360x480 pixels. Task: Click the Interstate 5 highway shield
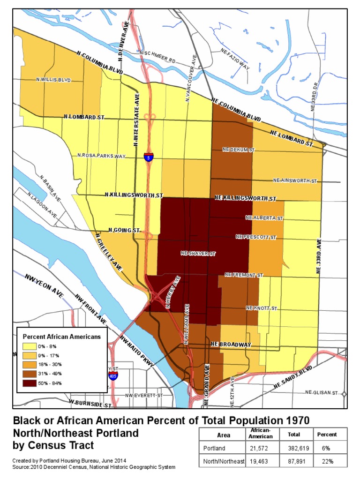(148, 157)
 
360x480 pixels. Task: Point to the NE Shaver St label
(198, 254)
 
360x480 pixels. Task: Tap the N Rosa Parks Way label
(102, 156)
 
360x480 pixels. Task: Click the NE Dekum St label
(238, 150)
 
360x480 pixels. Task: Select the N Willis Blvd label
(53, 80)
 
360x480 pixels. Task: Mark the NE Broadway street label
(231, 345)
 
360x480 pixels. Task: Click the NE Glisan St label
(322, 392)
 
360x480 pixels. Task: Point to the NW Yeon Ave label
(45, 283)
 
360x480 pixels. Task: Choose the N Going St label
(124, 230)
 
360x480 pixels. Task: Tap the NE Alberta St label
(264, 218)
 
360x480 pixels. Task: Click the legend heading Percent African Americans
(62, 337)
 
